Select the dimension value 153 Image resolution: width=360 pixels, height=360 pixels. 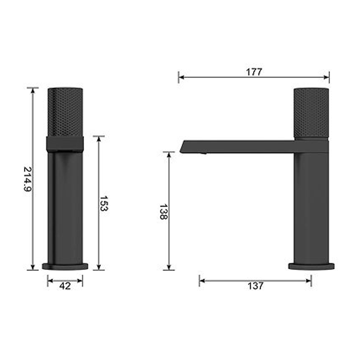[103, 204]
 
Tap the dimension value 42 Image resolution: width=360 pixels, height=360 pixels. [65, 286]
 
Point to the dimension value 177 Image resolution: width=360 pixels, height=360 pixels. [254, 71]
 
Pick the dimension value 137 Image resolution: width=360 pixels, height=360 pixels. [256, 286]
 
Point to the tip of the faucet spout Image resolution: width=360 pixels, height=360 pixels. [181, 146]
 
